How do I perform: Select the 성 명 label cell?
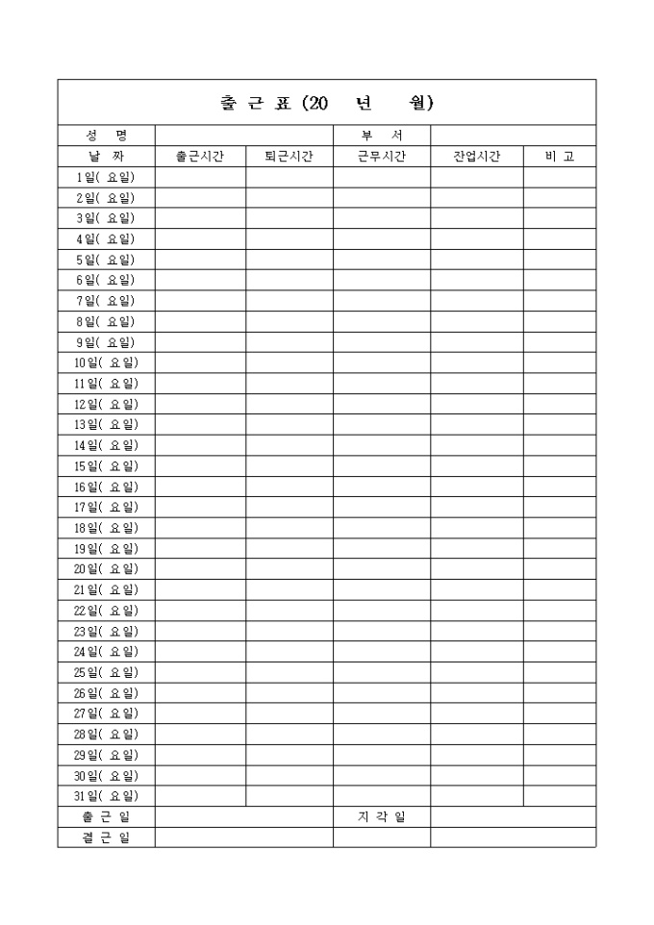(x=106, y=136)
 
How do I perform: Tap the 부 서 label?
(x=381, y=136)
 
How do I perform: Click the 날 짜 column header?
(x=106, y=156)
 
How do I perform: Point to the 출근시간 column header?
(x=200, y=156)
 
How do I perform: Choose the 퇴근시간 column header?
(x=289, y=156)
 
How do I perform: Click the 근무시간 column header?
(x=381, y=156)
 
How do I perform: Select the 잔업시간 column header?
(x=476, y=156)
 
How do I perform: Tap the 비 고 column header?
(x=559, y=156)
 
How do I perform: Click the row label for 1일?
(x=106, y=177)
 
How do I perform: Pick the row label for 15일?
(x=106, y=465)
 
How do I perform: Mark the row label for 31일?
(x=106, y=796)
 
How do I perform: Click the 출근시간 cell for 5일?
(x=200, y=260)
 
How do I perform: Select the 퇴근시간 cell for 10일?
(x=289, y=362)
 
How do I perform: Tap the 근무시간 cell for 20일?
(x=381, y=569)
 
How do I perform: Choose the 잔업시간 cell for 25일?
(x=476, y=672)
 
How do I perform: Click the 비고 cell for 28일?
(x=559, y=735)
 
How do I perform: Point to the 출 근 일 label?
(x=106, y=817)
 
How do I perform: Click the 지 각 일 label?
(x=381, y=817)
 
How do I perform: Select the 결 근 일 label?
(x=106, y=837)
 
